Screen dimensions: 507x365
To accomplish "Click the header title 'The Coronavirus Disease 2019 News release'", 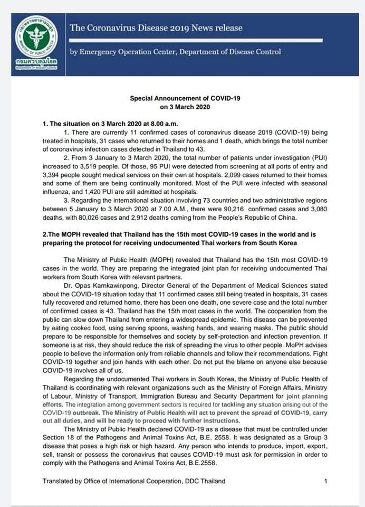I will [156, 27].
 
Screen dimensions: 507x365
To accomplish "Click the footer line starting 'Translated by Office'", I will [134, 481].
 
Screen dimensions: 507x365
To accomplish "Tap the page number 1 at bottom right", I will [326, 481].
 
